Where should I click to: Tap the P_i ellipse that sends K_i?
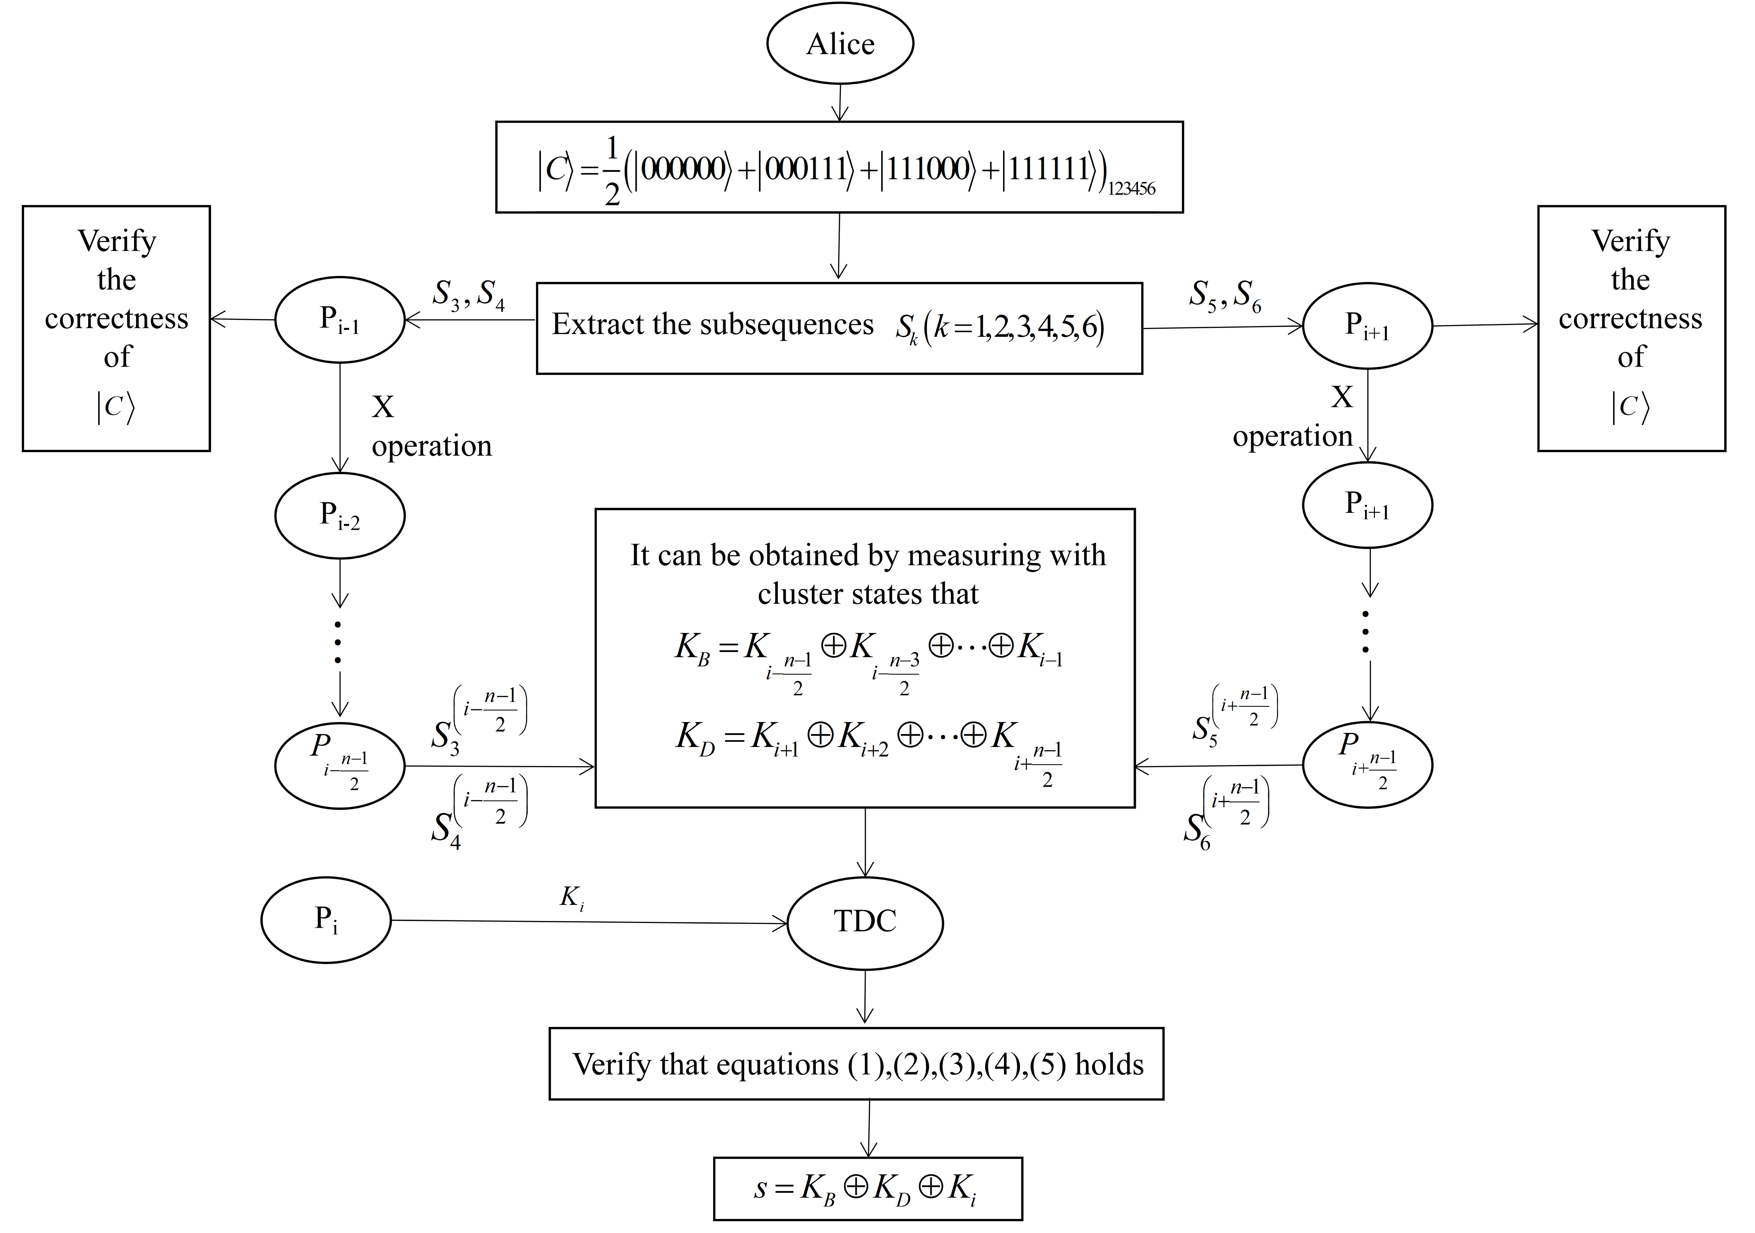(326, 920)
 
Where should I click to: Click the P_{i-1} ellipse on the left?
(339, 320)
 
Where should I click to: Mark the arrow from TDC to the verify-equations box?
(865, 998)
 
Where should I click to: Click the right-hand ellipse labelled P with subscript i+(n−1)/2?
(1367, 764)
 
